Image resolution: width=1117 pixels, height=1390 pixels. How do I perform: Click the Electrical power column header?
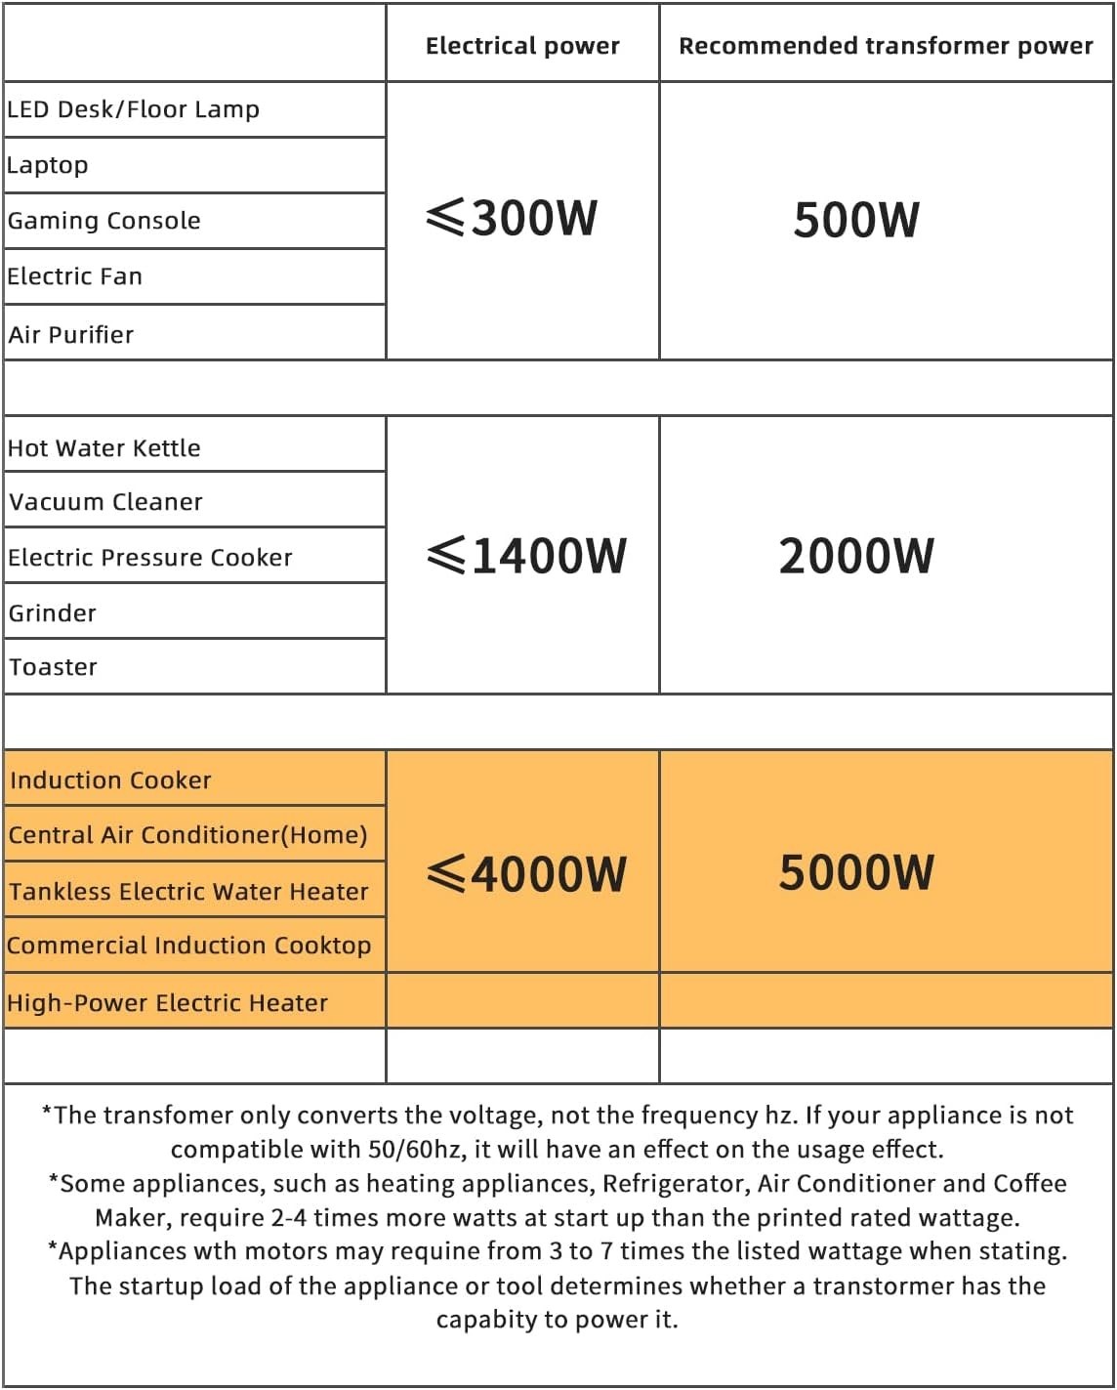click(x=522, y=46)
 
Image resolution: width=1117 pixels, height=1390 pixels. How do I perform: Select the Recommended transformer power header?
click(x=886, y=46)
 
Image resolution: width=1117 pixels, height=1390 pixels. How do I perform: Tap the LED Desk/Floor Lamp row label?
click(x=134, y=109)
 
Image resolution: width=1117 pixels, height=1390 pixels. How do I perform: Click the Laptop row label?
click(x=48, y=165)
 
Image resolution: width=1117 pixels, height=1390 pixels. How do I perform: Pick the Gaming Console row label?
click(x=104, y=221)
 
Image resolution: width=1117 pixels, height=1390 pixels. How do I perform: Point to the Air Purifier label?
click(x=71, y=335)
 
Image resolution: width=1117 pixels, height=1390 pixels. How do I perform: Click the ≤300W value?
click(x=513, y=218)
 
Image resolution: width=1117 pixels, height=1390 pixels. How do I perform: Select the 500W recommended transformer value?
click(x=856, y=220)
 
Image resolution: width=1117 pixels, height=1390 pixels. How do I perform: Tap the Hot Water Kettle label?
click(x=104, y=448)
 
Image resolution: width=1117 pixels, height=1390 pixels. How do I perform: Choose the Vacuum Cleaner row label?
click(x=106, y=502)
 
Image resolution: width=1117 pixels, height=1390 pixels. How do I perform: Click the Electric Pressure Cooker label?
click(x=150, y=558)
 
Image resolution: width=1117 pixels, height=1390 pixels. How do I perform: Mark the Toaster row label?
click(x=54, y=667)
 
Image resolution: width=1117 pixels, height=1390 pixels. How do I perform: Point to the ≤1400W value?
click(x=527, y=556)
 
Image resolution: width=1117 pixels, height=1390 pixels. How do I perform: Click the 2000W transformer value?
click(x=856, y=556)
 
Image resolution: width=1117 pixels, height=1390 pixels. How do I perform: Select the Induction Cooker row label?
click(x=110, y=780)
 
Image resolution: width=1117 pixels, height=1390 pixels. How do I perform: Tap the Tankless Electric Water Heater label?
click(x=189, y=892)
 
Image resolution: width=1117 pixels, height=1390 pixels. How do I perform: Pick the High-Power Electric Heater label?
click(x=168, y=1003)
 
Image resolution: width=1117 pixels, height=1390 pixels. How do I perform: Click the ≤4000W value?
click(x=527, y=873)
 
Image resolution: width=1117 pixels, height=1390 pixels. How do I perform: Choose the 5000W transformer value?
click(x=856, y=872)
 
